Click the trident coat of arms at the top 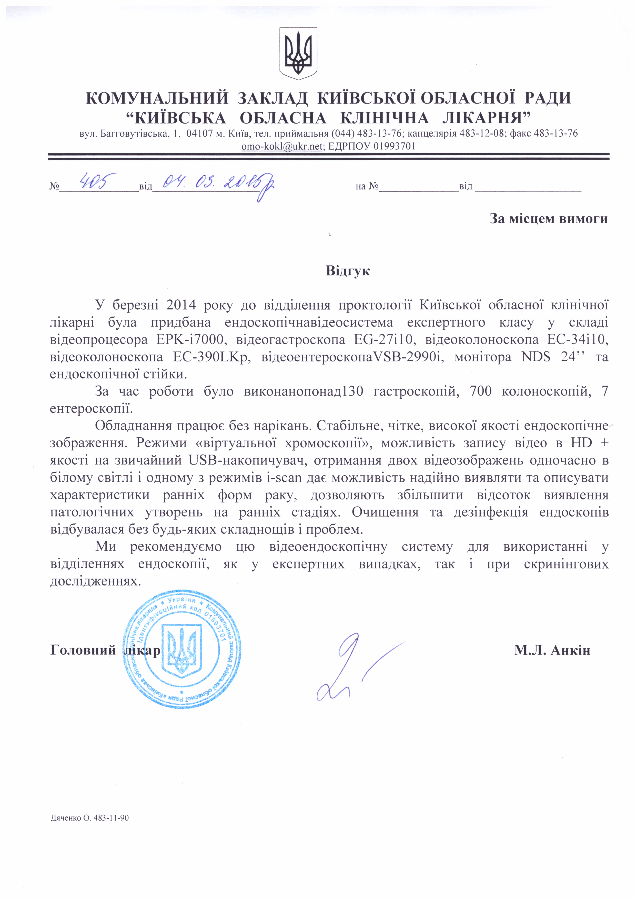[x=298, y=53]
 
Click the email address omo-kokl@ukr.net [x=282, y=146]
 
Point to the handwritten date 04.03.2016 [x=215, y=184]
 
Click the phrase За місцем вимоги [x=548, y=218]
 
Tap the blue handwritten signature [x=352, y=666]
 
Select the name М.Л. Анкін [x=552, y=650]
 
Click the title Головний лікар [x=105, y=650]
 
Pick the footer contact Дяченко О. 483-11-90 [x=90, y=818]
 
